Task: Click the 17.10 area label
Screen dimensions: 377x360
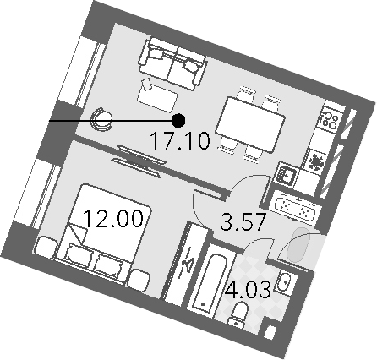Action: point(180,140)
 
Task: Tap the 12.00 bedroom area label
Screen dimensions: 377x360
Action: point(113,219)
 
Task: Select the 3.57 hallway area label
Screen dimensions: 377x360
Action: point(243,221)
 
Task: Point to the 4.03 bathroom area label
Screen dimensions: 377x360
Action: point(249,289)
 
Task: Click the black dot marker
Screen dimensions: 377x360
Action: point(178,121)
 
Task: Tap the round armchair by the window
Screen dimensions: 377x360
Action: point(101,119)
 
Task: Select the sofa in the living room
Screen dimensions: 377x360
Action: point(172,64)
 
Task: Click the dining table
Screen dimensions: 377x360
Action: point(250,124)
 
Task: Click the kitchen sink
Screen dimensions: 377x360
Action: point(286,174)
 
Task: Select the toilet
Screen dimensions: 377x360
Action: point(238,314)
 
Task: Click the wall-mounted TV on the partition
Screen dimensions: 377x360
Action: point(138,161)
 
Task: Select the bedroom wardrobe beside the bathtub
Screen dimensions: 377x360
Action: point(185,264)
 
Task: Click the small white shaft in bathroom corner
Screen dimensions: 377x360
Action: point(270,333)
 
